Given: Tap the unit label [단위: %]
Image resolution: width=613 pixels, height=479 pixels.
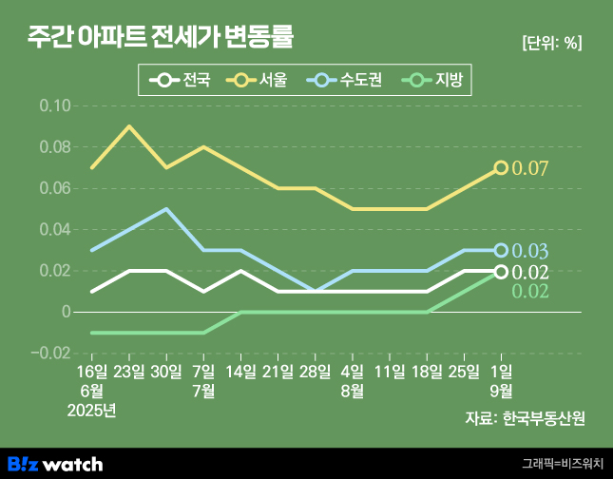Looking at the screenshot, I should (551, 43).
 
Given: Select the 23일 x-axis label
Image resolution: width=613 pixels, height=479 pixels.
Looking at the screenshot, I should (129, 371).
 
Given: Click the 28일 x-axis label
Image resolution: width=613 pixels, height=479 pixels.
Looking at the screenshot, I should (315, 371).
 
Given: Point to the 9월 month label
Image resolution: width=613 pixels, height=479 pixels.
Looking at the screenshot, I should (501, 391).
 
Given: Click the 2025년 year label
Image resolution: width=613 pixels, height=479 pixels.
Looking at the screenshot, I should (92, 411).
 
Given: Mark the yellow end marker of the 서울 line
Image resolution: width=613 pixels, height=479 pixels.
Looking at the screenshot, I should (501, 168).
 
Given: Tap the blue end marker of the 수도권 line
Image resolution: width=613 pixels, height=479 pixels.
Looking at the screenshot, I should (501, 251).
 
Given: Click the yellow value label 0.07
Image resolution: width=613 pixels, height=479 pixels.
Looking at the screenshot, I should (530, 169).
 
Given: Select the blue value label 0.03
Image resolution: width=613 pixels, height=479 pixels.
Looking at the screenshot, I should (530, 252).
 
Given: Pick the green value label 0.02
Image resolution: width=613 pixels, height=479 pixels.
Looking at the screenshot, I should (530, 292).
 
